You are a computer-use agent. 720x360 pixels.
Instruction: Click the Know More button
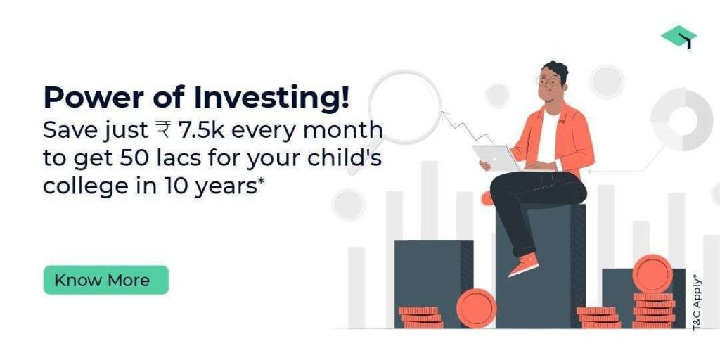coord(106,280)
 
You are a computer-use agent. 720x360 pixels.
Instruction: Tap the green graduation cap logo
coord(679,37)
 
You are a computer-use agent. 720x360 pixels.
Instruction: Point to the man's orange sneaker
coord(523,264)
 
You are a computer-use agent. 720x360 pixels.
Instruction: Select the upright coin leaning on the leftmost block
coord(477,308)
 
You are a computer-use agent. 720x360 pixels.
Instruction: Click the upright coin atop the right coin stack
coord(652,274)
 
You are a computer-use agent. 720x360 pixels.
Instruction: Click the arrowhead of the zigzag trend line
coord(444,113)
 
